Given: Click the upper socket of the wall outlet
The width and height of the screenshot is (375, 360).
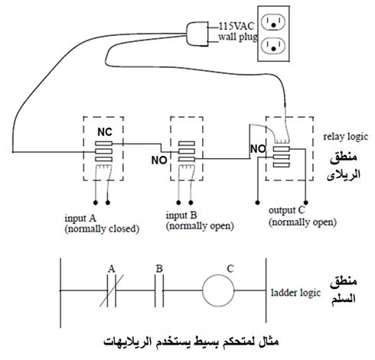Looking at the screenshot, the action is pos(273,22).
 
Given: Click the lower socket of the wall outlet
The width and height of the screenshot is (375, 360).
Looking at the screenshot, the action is pos(273,46).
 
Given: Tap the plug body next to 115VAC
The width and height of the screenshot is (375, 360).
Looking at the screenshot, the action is pos(197,34).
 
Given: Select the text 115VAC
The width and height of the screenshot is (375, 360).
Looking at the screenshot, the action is pos(236,26).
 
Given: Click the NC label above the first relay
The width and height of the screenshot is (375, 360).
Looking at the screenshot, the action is pos(105,132).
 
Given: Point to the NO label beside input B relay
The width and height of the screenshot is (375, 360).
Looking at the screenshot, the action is pos(159,161).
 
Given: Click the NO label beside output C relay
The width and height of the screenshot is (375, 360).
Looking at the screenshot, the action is pos(258,149).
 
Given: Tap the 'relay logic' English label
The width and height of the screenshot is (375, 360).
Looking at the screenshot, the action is pos(346,137).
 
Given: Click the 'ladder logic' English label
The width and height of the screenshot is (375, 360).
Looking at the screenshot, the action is pos(295,293).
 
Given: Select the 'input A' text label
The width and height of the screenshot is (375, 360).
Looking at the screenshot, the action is pos(80,219).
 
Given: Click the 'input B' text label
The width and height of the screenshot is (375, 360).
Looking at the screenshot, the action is pos(181,216).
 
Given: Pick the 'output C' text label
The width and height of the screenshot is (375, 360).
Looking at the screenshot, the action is pos(287,210).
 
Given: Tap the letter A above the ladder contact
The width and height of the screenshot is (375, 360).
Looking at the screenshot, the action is pos(112,269).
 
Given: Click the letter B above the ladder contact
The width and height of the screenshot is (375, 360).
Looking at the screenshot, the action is pos(159,269).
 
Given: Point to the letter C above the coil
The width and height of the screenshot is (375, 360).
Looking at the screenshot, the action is pos(230,269).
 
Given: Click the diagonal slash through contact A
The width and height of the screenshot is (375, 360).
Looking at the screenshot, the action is pos(112,290).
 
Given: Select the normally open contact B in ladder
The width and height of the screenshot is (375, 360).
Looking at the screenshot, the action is pos(159,290).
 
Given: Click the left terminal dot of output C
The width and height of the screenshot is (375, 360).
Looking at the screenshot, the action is pos(257,203).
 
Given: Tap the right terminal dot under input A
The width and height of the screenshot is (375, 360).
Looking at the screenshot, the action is pos(108,203).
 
